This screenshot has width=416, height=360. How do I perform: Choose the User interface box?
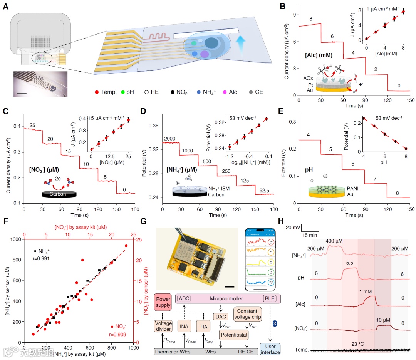coord(270,350)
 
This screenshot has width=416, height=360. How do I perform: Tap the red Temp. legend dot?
coord(97,92)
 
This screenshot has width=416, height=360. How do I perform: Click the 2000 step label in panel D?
coord(170,139)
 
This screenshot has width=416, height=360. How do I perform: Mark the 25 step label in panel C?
coord(32,125)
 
